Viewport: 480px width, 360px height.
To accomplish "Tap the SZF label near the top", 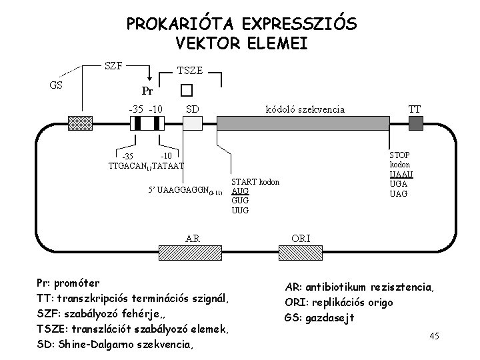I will click(113, 65).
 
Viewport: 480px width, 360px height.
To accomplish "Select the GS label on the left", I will click(57, 85).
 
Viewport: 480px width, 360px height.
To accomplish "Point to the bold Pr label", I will click(147, 90).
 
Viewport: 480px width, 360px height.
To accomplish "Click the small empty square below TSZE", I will click(186, 90).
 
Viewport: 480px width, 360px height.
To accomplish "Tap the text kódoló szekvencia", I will click(305, 109).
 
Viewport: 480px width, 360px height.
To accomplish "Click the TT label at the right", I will click(414, 109).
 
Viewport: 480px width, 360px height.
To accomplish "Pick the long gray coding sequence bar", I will click(304, 123).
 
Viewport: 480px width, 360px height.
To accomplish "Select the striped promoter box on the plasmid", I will click(146, 123).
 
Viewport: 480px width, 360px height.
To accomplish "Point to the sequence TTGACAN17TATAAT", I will click(146, 165).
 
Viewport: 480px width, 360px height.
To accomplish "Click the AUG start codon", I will click(240, 191).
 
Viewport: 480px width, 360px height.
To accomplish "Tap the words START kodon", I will click(255, 181).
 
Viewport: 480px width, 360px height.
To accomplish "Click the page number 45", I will click(434, 336).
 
